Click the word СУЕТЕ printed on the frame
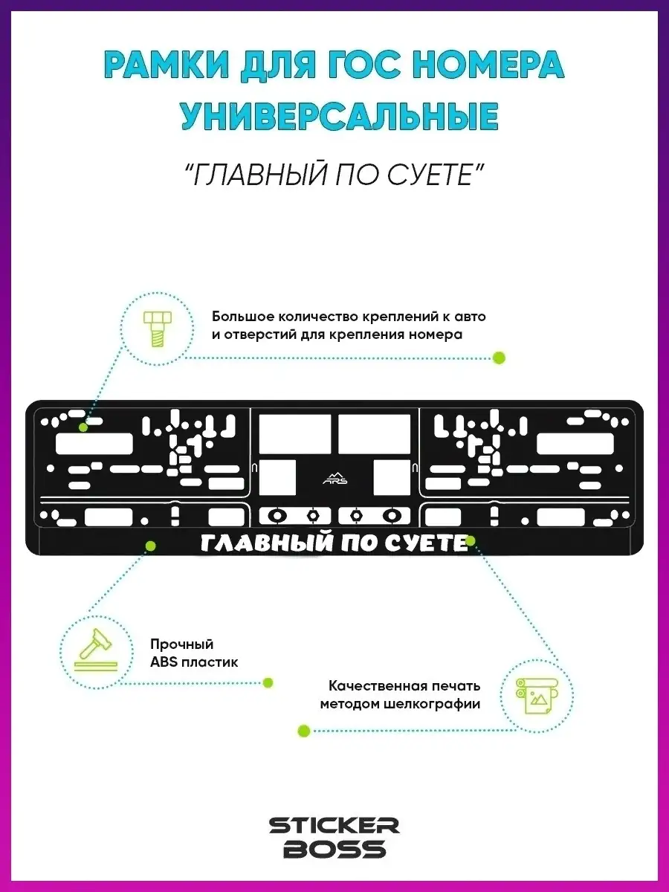427,544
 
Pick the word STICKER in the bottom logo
334,826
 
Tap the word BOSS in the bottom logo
334,849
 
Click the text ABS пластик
194,662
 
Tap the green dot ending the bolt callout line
500,358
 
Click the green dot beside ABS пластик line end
268,682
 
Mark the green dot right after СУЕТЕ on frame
471,540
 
